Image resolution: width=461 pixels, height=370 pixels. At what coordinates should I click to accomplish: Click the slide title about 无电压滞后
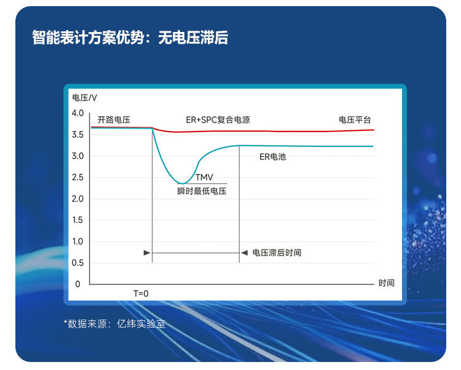130,37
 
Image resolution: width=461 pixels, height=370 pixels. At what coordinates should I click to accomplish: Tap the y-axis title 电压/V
84,98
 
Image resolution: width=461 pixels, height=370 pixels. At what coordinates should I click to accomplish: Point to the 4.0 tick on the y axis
78,113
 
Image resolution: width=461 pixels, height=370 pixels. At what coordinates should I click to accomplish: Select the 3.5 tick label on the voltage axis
78,135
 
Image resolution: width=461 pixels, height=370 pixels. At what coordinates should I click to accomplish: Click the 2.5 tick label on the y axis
78,178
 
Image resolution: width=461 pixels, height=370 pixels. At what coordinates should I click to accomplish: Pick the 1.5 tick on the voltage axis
78,220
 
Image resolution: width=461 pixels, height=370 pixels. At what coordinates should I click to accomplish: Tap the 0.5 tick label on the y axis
78,262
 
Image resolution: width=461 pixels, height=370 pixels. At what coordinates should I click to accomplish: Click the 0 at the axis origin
77,284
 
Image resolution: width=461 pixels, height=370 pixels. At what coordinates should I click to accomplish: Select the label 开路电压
114,120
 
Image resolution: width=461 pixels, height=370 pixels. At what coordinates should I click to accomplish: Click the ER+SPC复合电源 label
218,120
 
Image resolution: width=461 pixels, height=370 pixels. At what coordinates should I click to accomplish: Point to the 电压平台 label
355,120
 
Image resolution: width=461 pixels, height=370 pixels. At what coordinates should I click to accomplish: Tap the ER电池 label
272,157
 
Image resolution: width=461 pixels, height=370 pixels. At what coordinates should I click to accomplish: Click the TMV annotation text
204,177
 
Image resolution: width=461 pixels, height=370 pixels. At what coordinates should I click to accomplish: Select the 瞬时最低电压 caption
202,191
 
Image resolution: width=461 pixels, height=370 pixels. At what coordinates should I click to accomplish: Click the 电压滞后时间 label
277,253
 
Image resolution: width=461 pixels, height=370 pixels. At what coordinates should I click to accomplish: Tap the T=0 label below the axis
141,294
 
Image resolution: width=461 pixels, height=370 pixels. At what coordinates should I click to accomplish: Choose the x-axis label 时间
387,283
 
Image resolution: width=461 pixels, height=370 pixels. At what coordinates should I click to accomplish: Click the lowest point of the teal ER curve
183,184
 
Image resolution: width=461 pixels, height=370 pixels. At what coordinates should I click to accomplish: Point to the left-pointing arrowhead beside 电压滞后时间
244,253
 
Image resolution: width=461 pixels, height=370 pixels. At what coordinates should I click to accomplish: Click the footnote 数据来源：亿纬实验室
115,324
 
